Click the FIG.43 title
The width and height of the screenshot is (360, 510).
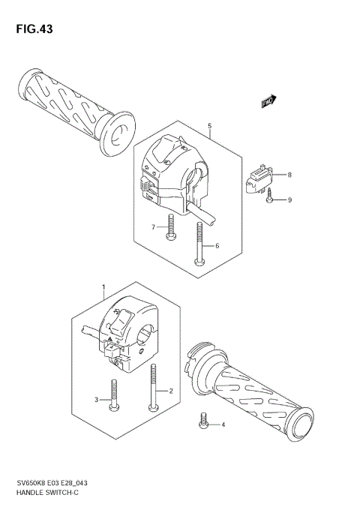(32, 29)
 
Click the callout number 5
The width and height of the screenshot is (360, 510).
(210, 127)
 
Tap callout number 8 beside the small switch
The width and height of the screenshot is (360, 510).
(289, 175)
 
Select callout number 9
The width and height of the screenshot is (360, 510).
(289, 199)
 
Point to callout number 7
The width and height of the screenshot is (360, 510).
(152, 226)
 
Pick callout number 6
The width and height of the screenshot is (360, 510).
(217, 246)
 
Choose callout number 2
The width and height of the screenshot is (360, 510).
(171, 391)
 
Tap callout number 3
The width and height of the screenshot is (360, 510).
(97, 400)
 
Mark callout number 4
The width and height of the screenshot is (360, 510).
(222, 425)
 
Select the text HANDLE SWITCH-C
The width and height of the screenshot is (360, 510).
(47, 491)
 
